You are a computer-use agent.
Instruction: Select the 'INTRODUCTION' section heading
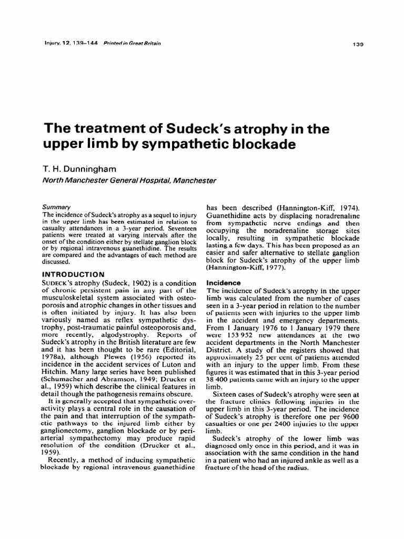point(73,274)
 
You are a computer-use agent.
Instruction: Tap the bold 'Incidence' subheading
point(223,282)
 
